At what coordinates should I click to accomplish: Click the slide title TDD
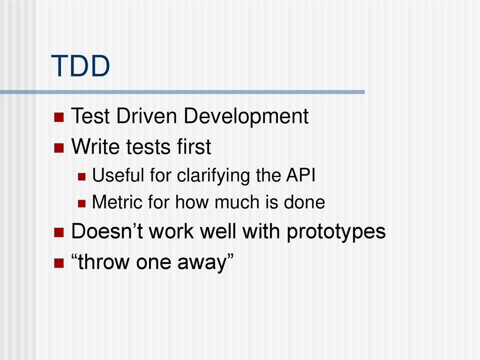80,66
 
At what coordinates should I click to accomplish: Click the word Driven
147,116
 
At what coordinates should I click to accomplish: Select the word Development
246,117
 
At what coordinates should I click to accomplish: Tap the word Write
96,146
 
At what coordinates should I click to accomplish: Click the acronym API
300,175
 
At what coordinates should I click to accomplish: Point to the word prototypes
336,232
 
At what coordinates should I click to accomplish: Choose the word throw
104,262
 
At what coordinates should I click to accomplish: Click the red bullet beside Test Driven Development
59,117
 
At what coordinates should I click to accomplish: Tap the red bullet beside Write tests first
59,148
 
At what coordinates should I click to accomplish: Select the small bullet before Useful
82,177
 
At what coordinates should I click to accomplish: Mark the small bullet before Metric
82,203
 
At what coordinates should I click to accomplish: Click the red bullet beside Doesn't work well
59,232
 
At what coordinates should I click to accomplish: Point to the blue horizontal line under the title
182,92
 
